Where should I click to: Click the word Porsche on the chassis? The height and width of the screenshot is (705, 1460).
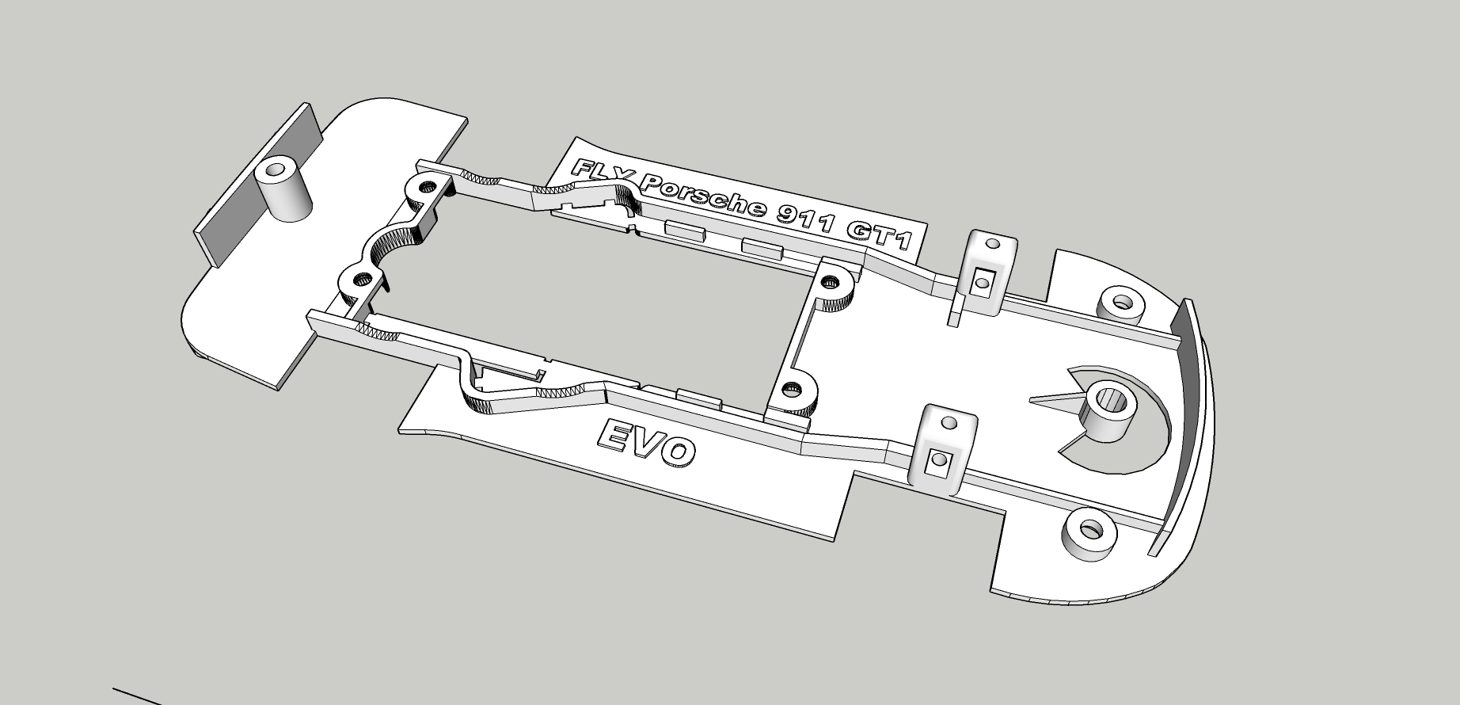click(x=704, y=196)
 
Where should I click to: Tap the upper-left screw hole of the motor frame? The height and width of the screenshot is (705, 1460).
click(x=428, y=188)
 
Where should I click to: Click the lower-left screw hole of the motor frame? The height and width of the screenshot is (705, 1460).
click(x=363, y=279)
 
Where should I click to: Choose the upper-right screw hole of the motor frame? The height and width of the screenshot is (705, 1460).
click(x=831, y=281)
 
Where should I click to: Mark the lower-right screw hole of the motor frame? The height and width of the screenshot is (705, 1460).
click(x=789, y=389)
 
